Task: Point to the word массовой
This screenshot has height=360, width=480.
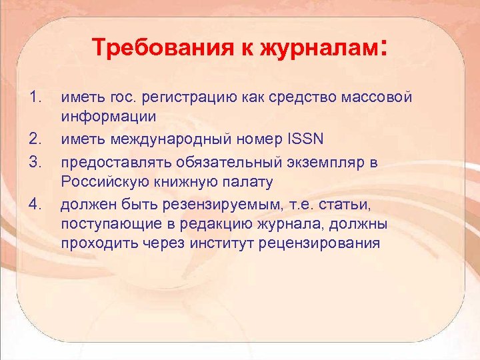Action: click(x=377, y=98)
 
